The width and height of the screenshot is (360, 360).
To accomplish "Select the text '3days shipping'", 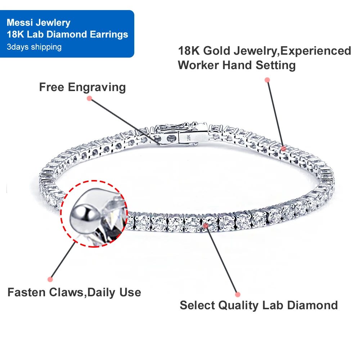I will [34, 47].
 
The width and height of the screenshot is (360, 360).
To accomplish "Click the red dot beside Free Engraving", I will [89, 98].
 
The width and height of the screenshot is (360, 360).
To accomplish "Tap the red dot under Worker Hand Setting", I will [267, 80].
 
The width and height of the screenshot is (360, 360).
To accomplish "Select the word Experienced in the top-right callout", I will [316, 51].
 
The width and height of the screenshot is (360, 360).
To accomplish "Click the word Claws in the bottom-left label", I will [67, 292].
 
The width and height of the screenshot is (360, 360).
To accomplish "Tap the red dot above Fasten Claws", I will [50, 279].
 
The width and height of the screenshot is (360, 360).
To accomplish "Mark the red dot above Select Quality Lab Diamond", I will [237, 294].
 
